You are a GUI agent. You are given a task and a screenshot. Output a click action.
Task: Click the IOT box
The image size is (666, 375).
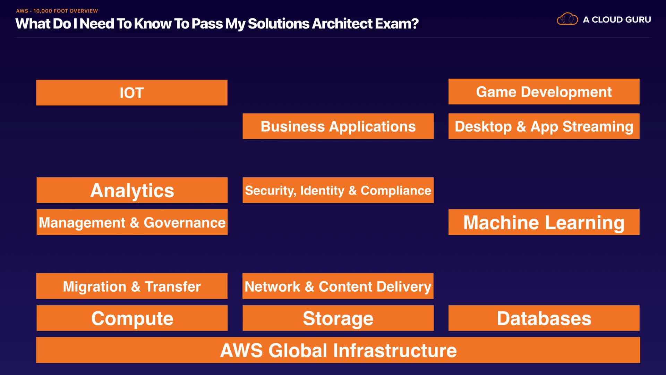pos(132,93)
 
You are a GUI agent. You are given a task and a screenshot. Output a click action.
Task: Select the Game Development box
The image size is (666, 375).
pos(544,92)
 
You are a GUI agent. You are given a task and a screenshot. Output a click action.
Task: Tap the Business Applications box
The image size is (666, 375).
pos(338,126)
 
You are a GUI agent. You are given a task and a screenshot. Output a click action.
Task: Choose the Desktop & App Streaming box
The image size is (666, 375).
pos(544,126)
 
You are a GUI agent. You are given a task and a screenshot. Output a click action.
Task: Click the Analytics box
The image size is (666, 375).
pos(132,190)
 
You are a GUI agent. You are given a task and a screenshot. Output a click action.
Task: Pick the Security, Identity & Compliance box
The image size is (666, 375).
pos(338,190)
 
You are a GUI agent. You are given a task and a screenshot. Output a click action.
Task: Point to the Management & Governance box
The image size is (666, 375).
pos(132,222)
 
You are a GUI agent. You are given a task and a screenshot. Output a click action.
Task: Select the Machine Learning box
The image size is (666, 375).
pos(544,222)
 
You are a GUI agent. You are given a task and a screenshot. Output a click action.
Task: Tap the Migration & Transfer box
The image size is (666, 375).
pos(132,286)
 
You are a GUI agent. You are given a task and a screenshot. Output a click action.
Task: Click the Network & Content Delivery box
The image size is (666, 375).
pos(338,286)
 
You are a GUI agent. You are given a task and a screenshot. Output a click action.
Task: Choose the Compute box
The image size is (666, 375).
pos(132,318)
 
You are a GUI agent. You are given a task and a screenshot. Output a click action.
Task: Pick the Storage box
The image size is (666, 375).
pos(338,318)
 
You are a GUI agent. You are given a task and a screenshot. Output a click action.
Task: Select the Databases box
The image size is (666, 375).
pos(544,318)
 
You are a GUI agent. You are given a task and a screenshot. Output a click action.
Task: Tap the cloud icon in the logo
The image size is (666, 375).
pos(567,19)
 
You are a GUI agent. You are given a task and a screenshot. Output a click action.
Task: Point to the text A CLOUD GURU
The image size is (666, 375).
pos(617,20)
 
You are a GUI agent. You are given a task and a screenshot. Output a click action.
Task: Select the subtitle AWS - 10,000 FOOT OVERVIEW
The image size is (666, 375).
pos(57,11)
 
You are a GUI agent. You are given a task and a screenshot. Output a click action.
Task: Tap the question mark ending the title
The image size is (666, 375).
pos(415,24)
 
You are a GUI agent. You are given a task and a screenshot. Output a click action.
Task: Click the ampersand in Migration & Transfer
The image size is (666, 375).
pos(136,287)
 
